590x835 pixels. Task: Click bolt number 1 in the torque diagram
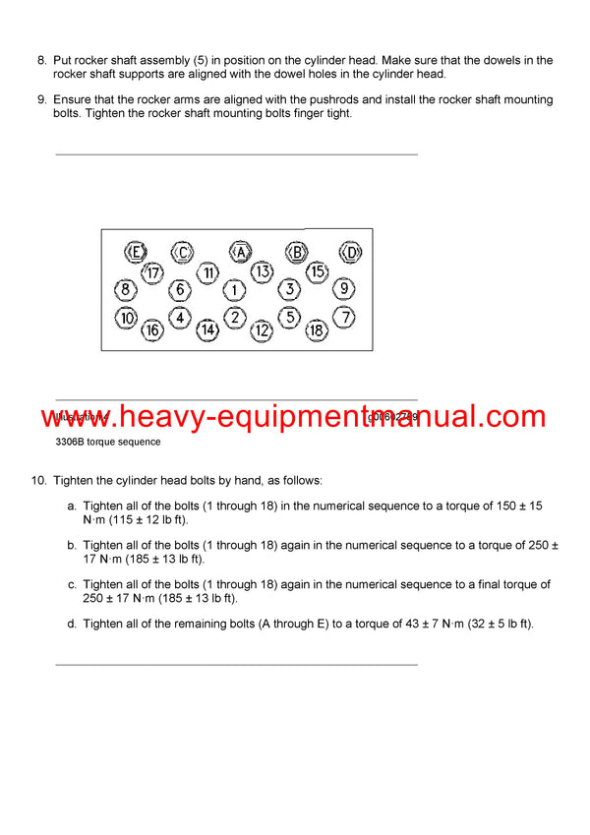click(234, 290)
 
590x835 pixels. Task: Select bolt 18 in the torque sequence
click(317, 330)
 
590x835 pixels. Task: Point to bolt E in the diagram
click(137, 253)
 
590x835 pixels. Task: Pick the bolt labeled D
click(352, 253)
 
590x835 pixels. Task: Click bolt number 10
click(126, 318)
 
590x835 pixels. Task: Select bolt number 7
click(344, 318)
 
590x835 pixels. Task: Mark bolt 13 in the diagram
click(262, 271)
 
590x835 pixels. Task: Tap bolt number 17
click(152, 272)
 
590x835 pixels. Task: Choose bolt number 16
click(152, 330)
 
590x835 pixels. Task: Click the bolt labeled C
click(183, 253)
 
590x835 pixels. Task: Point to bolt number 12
click(262, 330)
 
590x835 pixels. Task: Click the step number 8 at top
click(41, 61)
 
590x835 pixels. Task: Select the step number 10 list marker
click(38, 480)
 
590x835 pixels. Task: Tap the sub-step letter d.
click(71, 624)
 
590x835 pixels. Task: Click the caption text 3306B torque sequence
click(108, 442)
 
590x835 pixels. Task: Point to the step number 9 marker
click(41, 100)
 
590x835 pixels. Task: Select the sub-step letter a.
click(71, 506)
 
